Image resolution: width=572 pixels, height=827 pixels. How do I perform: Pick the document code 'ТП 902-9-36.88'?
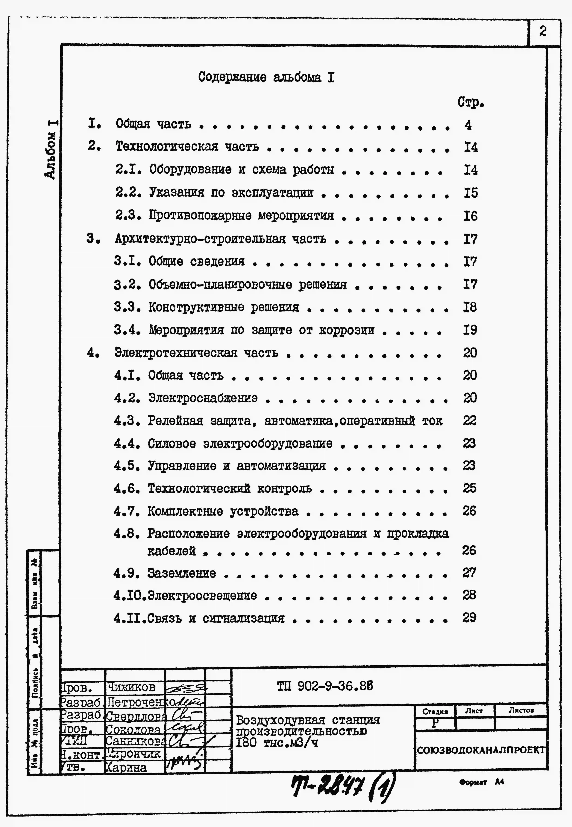[x=325, y=686]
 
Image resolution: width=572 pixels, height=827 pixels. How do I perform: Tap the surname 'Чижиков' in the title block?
[x=131, y=687]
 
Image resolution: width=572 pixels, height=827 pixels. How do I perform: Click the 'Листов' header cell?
[x=521, y=710]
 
